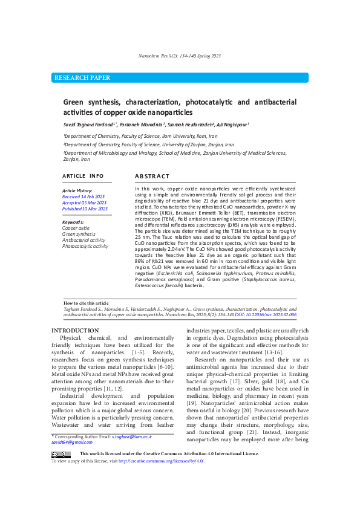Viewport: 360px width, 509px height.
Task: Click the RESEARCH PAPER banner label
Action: click(82, 78)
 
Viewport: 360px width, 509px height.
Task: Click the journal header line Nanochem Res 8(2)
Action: click(180, 56)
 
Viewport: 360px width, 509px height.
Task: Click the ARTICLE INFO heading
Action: click(83, 176)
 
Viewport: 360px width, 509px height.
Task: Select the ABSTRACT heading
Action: click(152, 176)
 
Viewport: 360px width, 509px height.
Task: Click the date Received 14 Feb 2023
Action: click(84, 196)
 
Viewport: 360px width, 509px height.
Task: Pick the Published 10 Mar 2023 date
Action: click(85, 209)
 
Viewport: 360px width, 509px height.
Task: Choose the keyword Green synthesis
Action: click(79, 234)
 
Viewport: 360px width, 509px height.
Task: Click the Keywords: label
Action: click(73, 222)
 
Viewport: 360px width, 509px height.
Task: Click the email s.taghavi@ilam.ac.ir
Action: click(132, 436)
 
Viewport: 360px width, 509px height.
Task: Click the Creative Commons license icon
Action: click(61, 454)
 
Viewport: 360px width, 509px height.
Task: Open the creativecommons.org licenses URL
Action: click(161, 461)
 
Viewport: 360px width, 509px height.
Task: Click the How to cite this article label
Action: click(86, 303)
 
